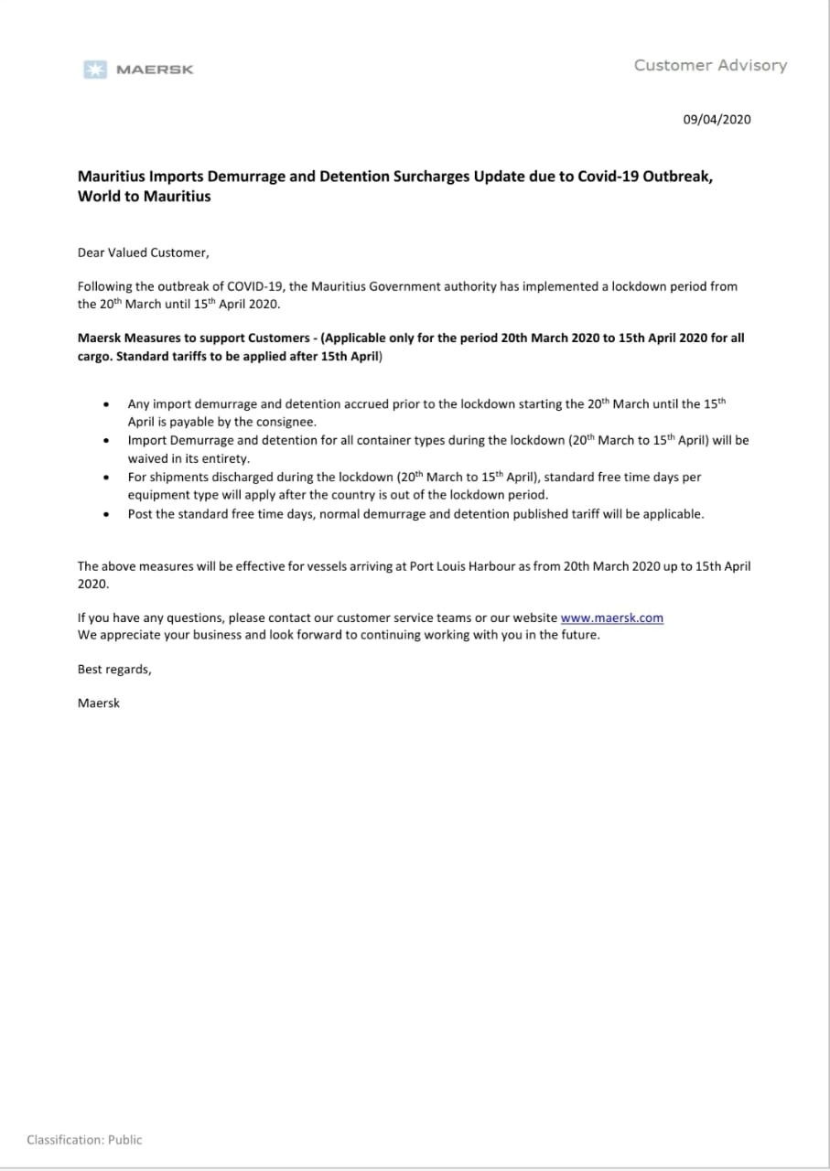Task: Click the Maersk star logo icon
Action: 94,70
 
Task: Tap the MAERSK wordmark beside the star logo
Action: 155,70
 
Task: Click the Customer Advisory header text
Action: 710,65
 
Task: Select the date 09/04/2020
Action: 717,119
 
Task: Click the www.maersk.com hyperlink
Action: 611,618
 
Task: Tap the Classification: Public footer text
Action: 84,1140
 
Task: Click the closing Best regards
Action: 114,669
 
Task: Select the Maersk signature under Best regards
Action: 99,703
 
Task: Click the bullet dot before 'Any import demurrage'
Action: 108,403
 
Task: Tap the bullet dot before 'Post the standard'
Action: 108,513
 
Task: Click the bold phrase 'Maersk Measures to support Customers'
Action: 193,338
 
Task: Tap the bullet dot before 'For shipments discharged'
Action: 108,477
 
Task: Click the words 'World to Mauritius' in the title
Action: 144,196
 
